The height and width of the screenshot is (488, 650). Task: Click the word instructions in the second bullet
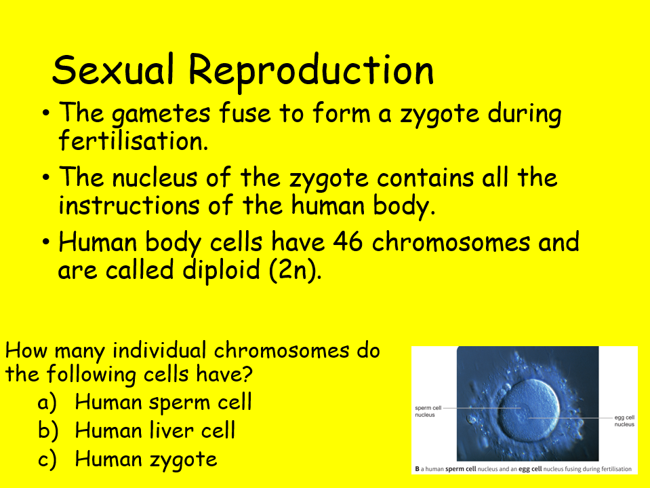tap(128, 205)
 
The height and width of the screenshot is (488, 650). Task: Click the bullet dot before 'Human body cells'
tap(46, 242)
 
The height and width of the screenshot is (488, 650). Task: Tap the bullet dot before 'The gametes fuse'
tap(46, 113)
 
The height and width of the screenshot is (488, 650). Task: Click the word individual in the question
tap(160, 351)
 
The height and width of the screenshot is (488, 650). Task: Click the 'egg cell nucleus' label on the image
tap(624, 421)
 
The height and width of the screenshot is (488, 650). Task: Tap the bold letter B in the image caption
tap(416, 469)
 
